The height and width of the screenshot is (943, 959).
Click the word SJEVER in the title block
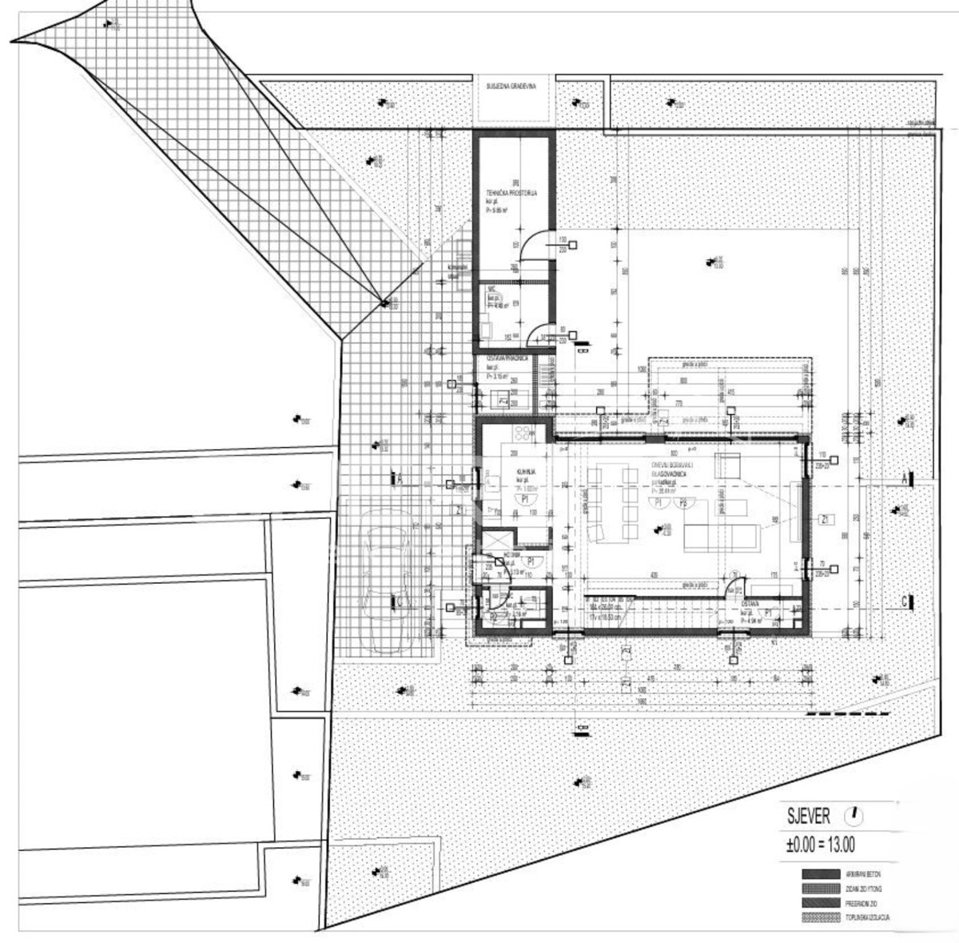pyautogui.click(x=808, y=817)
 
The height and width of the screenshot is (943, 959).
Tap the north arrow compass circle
pyautogui.click(x=856, y=816)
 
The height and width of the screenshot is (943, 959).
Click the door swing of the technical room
pyautogui.click(x=533, y=248)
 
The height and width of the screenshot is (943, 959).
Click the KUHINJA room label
pyautogui.click(x=525, y=473)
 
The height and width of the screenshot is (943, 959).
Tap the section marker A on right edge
pyautogui.click(x=905, y=478)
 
